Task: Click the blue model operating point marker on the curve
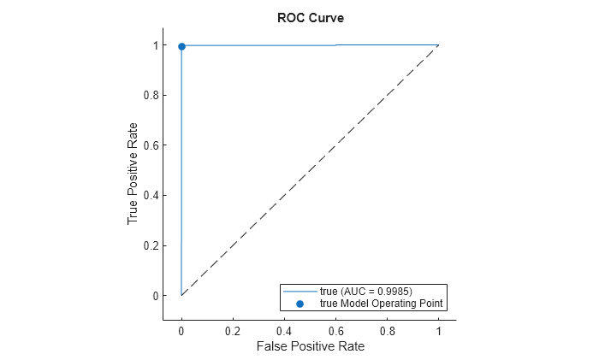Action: (181, 46)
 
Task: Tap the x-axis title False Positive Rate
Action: (309, 346)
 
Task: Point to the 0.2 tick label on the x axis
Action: (233, 329)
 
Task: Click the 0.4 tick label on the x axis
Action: (284, 329)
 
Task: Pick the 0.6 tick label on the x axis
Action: (335, 329)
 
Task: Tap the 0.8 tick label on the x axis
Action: (387, 329)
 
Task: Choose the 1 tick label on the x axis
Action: (438, 329)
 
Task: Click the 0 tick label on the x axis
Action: (181, 329)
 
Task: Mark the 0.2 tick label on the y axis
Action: (151, 245)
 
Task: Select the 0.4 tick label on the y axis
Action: (151, 195)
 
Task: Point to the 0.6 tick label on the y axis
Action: (151, 145)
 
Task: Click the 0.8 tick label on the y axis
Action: (151, 95)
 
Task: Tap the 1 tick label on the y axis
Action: (155, 45)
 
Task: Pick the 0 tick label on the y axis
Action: (155, 296)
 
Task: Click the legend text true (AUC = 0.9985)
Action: (366, 292)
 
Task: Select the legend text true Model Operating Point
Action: (383, 303)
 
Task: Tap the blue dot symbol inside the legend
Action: (299, 303)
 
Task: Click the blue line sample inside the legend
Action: (299, 292)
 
